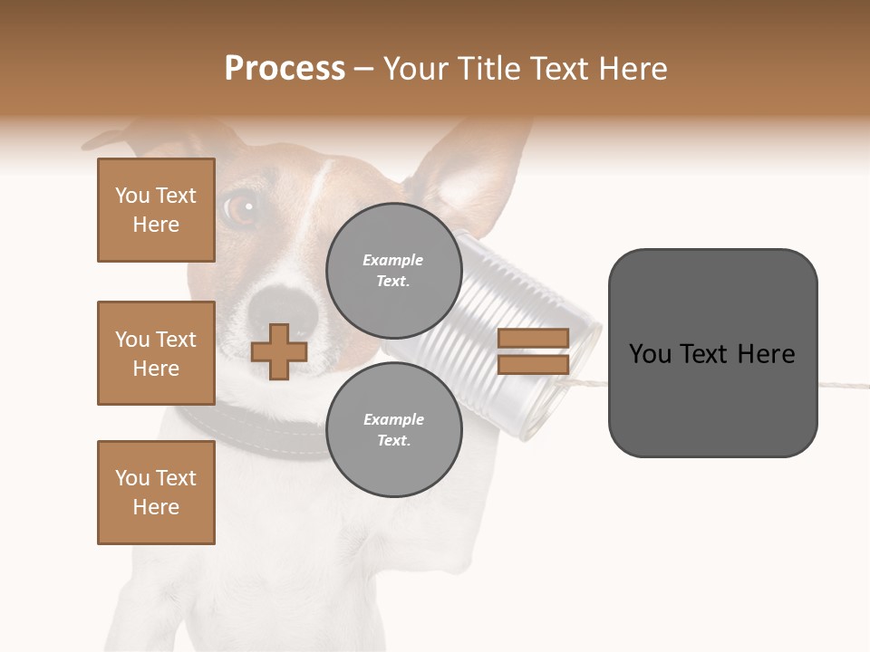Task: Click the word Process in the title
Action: [285, 68]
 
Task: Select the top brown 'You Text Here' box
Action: [156, 210]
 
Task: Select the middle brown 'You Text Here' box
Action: [156, 353]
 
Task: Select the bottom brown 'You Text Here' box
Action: [156, 493]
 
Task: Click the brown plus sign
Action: [279, 352]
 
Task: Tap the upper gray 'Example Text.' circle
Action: [393, 270]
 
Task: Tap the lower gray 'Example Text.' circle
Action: [393, 429]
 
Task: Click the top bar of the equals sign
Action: [533, 338]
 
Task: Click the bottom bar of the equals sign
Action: [533, 364]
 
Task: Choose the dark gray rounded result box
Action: [712, 353]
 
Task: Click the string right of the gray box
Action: [843, 386]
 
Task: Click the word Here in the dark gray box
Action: [766, 354]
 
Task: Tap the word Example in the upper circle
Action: [393, 260]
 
